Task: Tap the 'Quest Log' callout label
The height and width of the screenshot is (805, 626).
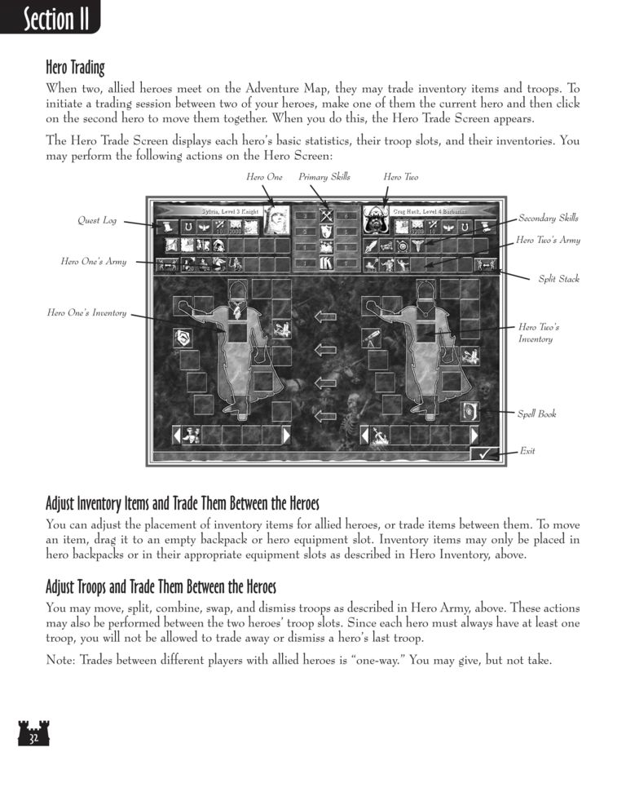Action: click(x=97, y=220)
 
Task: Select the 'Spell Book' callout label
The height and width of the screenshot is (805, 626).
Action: click(x=536, y=414)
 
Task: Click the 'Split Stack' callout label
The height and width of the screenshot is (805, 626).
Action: click(x=558, y=279)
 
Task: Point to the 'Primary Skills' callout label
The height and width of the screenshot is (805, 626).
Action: click(x=324, y=176)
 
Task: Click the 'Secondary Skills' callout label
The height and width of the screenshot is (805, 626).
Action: click(x=549, y=218)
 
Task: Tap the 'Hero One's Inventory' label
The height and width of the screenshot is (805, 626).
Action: click(x=86, y=312)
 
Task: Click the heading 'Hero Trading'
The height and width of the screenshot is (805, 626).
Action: click(x=75, y=67)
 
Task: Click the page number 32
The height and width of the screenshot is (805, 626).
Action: click(x=33, y=739)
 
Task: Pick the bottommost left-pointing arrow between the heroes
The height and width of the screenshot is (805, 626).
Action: click(x=325, y=416)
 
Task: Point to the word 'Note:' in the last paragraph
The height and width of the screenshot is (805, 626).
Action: click(x=60, y=661)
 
